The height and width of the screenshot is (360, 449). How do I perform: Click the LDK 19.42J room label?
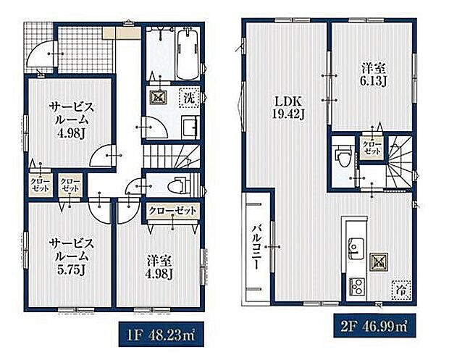288,108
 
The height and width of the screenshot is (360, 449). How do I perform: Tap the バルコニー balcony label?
256,247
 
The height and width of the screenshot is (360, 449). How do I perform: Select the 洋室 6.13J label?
374,75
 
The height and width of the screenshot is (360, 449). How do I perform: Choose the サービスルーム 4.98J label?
71,120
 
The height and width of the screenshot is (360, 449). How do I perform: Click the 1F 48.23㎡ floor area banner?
161,334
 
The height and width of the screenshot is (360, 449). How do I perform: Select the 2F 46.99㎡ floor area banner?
374,326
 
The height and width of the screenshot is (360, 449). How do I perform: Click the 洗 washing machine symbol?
189,99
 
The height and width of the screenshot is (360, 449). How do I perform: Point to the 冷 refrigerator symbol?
401,290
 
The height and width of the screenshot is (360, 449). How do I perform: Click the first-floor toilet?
180,185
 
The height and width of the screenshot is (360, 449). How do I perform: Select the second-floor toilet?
343,156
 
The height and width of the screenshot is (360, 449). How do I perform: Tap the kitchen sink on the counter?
356,247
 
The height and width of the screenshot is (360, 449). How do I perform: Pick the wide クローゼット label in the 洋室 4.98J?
172,211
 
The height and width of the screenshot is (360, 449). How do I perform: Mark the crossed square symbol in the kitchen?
379,262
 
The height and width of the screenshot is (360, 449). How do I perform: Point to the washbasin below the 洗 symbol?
190,127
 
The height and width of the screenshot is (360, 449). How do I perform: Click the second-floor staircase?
400,163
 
